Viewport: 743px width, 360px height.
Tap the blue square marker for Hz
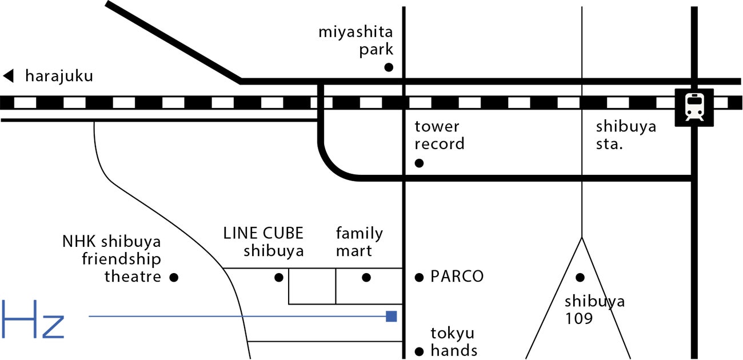392,316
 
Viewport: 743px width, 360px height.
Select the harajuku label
58,76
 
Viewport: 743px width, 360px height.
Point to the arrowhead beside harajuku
8,75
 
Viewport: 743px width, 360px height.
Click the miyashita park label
356,41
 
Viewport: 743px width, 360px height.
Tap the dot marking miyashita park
389,67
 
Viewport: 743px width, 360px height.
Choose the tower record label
440,135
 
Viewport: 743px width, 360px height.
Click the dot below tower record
419,163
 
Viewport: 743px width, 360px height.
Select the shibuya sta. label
626,135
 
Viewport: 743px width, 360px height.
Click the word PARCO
457,277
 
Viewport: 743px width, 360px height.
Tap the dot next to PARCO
419,277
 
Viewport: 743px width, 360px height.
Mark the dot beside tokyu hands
419,351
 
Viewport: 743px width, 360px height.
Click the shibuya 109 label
595,310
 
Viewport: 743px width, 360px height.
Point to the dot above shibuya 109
580,278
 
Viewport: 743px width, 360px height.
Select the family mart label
359,242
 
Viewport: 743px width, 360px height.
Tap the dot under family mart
366,278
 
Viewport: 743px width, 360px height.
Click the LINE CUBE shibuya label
263,242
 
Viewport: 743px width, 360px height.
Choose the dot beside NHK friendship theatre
174,278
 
